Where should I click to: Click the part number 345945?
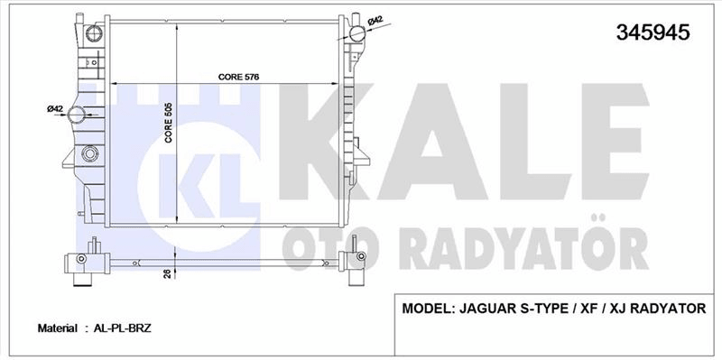(x=653, y=32)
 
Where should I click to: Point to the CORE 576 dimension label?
(x=238, y=77)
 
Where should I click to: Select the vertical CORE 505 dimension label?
(x=169, y=123)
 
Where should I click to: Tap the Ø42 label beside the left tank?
(x=55, y=108)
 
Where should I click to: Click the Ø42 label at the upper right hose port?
(x=375, y=21)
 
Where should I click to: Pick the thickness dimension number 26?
(x=168, y=273)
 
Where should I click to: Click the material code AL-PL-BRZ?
(x=123, y=328)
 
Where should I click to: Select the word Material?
(x=58, y=328)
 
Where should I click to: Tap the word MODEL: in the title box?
(x=428, y=308)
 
